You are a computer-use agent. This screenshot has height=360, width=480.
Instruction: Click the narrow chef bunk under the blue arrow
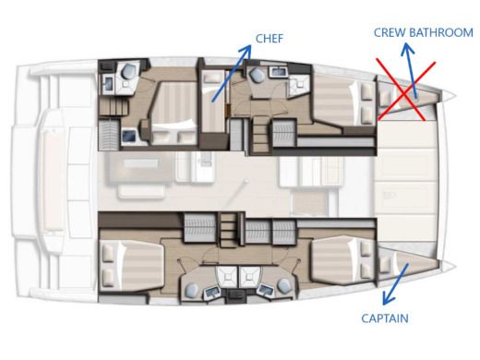(x=213, y=106)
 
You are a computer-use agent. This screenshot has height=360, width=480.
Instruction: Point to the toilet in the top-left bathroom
(x=130, y=71)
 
